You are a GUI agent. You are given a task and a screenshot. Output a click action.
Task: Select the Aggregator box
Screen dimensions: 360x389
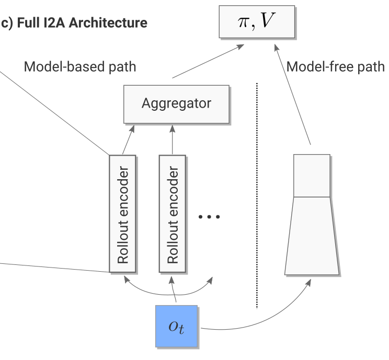(x=176, y=103)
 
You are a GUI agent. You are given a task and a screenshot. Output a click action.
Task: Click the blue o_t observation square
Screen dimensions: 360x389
(x=177, y=326)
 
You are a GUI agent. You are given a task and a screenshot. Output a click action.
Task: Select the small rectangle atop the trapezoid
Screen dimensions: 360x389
(x=312, y=176)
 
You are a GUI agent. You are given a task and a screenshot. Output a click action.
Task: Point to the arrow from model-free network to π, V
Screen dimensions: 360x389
(x=299, y=94)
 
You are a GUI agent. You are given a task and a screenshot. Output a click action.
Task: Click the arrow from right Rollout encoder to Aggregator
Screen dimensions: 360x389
(x=171, y=138)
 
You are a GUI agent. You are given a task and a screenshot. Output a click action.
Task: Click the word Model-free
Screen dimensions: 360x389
(x=323, y=67)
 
